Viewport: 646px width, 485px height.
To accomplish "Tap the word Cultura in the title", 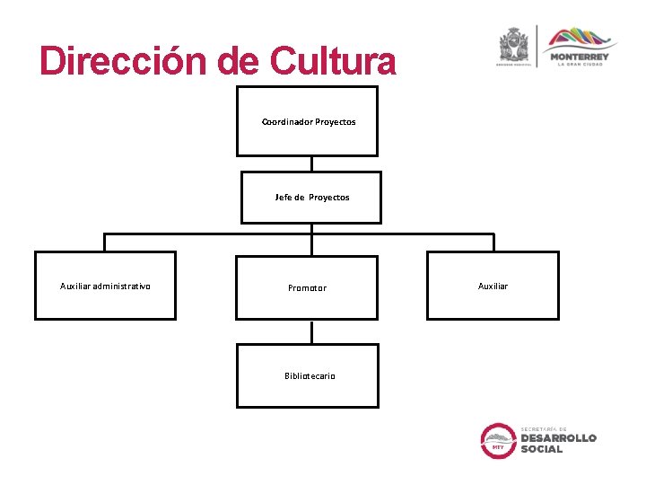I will [x=332, y=61].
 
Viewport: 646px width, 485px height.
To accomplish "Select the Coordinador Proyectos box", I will [x=307, y=121].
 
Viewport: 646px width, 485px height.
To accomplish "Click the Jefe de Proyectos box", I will [x=311, y=197].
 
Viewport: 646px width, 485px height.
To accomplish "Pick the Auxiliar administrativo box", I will [x=105, y=286].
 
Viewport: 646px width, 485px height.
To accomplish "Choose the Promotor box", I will [x=307, y=287].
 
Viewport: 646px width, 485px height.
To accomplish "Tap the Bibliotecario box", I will [x=307, y=375].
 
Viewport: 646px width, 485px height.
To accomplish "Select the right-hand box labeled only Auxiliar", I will [x=493, y=286].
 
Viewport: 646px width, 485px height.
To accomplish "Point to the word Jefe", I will [x=284, y=197].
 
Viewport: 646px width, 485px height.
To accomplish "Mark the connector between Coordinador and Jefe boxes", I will [x=310, y=163].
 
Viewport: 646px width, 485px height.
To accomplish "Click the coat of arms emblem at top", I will [x=515, y=43].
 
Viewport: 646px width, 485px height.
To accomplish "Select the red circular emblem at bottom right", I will [x=498, y=440].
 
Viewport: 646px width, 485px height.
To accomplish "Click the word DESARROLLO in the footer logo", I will [x=558, y=437].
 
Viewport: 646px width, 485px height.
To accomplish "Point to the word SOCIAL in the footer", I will [x=542, y=449].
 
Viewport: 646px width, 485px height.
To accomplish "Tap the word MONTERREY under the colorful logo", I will [x=580, y=57].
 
